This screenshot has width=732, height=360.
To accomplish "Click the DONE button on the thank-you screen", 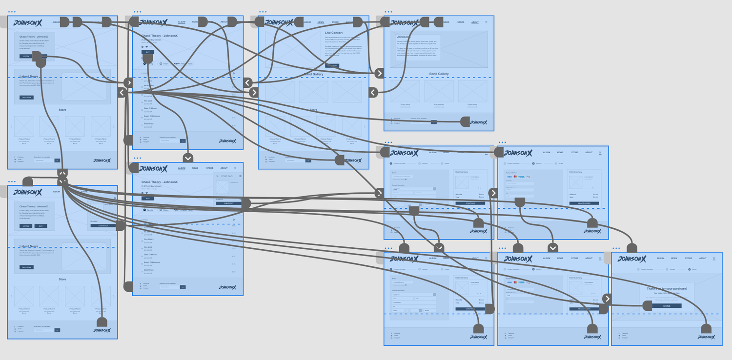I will [x=667, y=306].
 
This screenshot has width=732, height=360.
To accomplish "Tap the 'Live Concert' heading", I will [x=334, y=33].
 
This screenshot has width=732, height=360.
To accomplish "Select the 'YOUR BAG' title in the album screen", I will [x=227, y=176].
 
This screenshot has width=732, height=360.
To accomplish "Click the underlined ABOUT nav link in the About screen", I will [x=475, y=22].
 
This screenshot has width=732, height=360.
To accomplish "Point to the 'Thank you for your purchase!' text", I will [x=667, y=289].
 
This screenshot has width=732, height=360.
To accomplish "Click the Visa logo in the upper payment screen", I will [x=509, y=177].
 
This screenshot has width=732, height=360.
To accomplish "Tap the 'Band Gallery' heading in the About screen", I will [x=439, y=74].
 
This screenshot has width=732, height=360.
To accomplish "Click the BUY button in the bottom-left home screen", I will [x=41, y=226].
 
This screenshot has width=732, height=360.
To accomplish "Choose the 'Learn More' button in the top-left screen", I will [x=27, y=98].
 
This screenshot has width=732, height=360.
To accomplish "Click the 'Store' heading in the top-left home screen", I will [x=62, y=110].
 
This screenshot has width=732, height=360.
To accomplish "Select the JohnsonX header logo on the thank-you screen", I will [x=632, y=259].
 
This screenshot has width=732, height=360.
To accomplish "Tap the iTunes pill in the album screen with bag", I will [x=164, y=210].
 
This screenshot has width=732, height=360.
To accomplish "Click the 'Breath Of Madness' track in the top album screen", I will [x=152, y=116].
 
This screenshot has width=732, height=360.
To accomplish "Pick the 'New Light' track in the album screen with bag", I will [x=149, y=247].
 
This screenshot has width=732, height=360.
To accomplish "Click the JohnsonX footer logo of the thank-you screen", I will [x=705, y=337].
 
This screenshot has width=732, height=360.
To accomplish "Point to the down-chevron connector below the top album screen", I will [x=188, y=158].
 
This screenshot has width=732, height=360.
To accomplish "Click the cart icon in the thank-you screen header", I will [x=713, y=258].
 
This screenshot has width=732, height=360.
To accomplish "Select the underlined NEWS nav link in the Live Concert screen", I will [x=321, y=22].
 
